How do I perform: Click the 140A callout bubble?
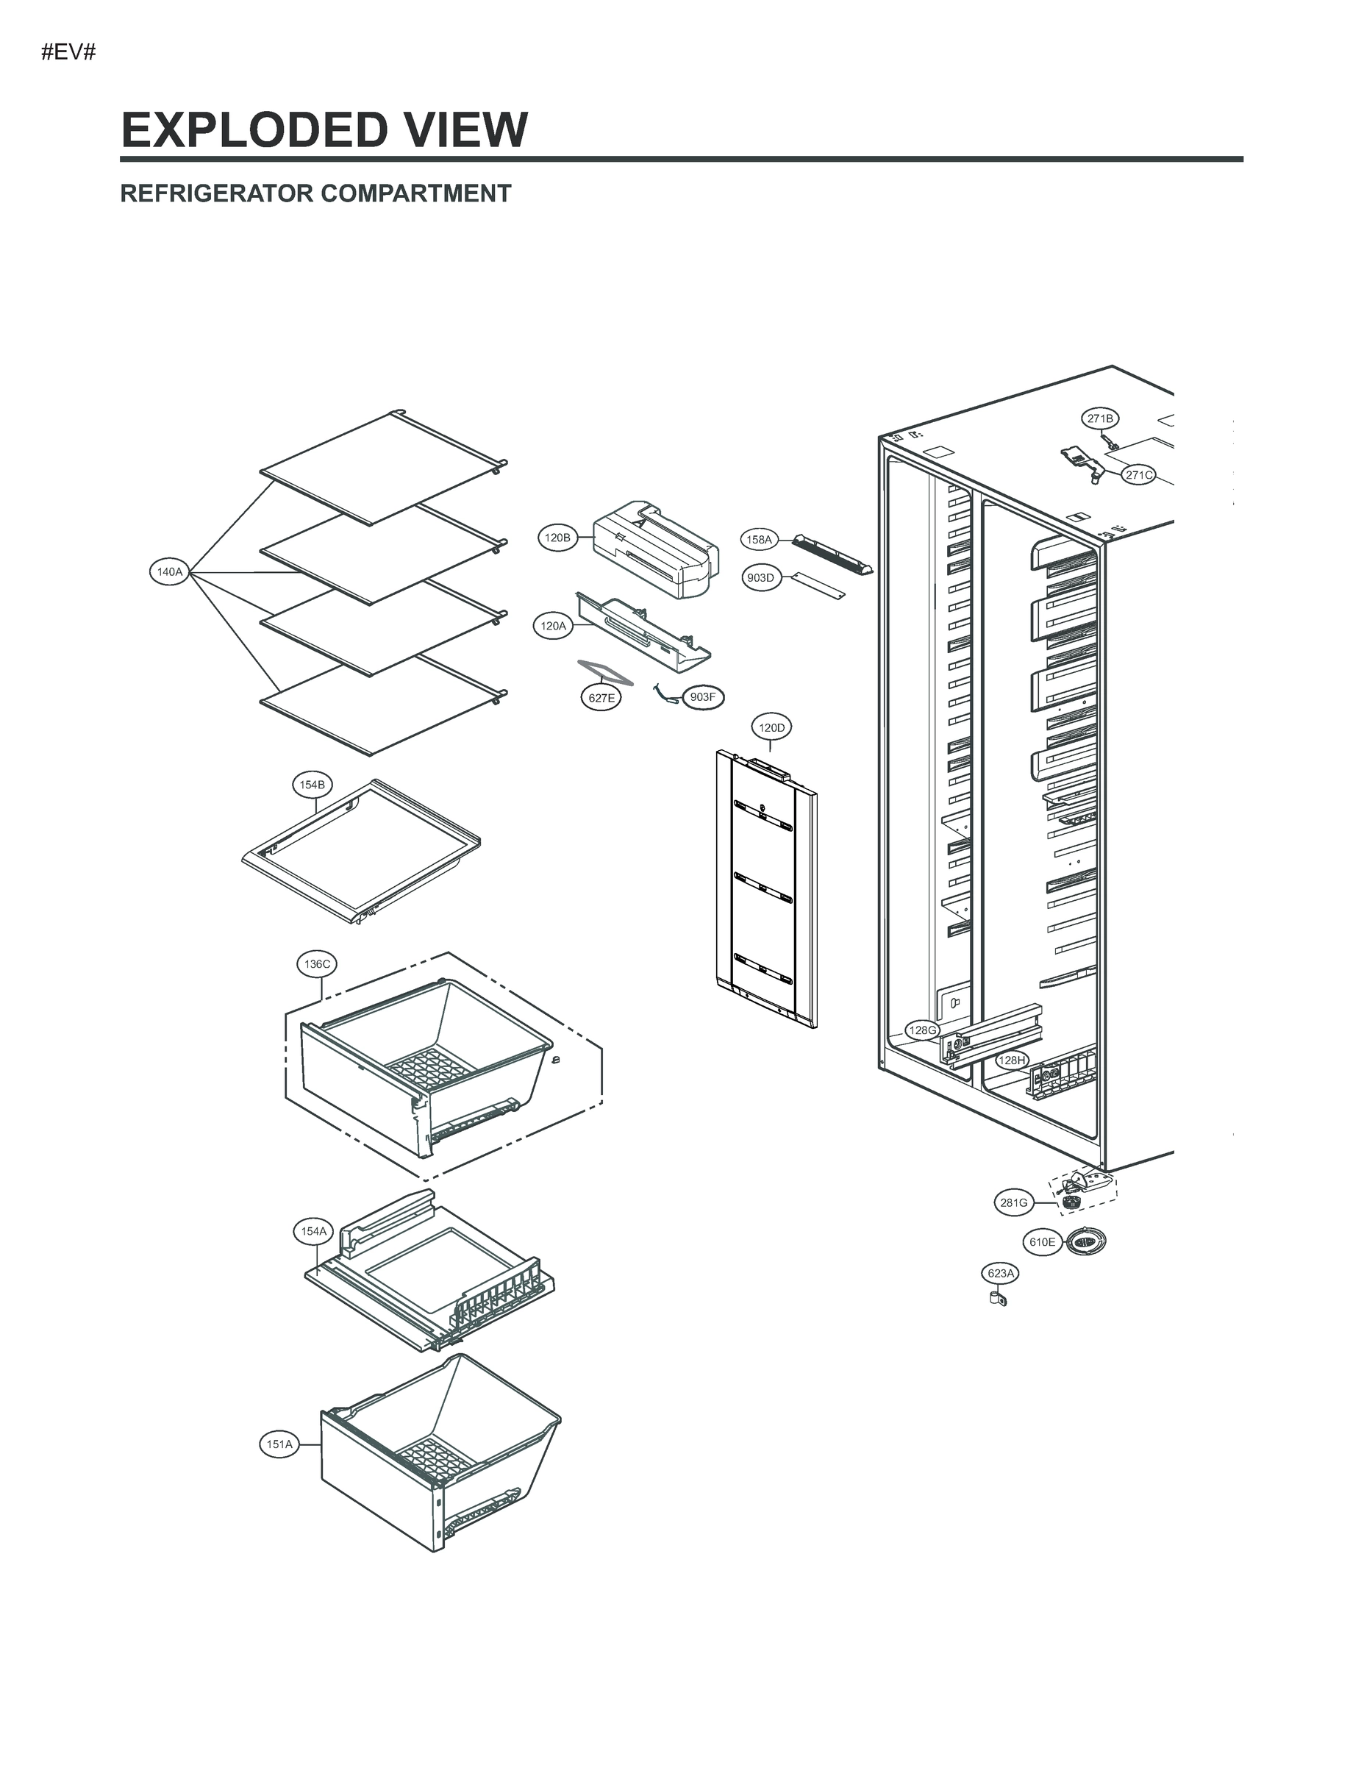point(170,572)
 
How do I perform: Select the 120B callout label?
point(557,538)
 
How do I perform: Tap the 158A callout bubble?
point(759,539)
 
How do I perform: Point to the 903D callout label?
point(760,578)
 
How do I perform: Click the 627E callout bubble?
point(601,698)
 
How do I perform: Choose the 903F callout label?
point(703,696)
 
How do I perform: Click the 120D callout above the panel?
point(771,727)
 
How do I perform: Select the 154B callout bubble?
point(312,785)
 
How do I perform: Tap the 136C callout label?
point(317,964)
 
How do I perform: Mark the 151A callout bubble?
point(279,1444)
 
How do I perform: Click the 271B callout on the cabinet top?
point(1100,418)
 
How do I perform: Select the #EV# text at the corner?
point(68,54)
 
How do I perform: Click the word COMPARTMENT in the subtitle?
point(415,194)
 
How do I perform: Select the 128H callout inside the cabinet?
point(1012,1060)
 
